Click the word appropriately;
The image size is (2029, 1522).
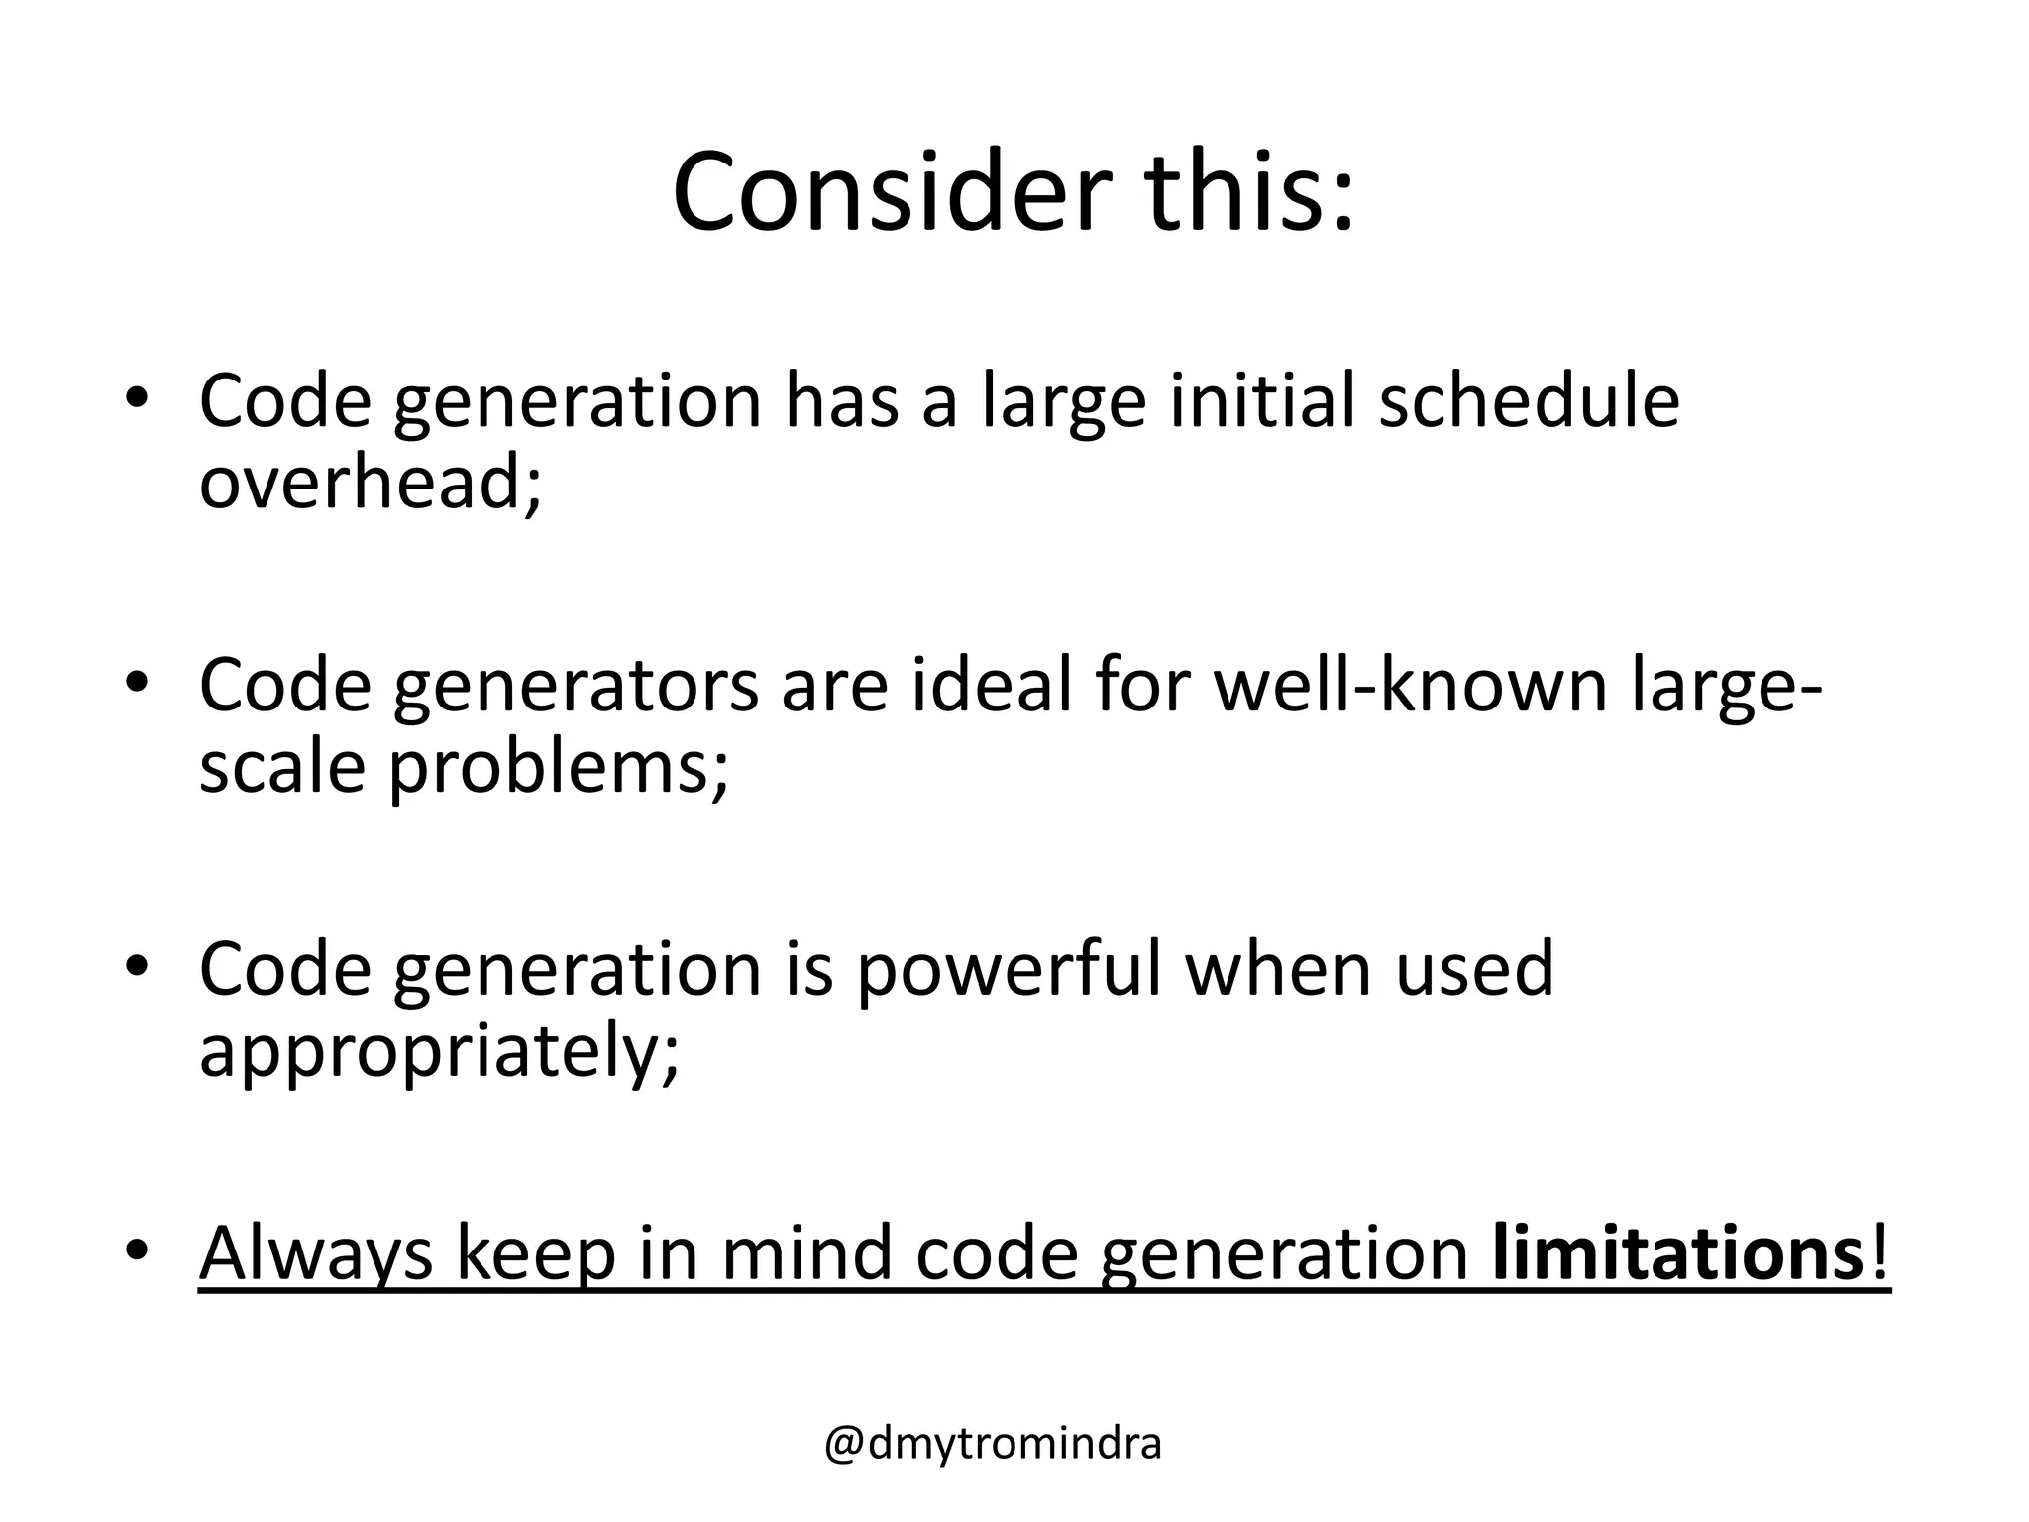tap(440, 1052)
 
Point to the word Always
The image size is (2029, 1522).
tap(316, 1254)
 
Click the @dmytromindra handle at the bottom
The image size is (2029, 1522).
tap(993, 1444)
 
